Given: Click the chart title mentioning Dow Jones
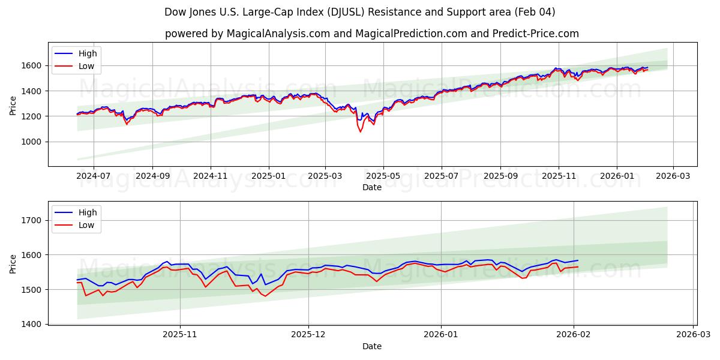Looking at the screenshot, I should tap(359, 12).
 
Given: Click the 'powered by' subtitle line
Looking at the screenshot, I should tap(371, 34).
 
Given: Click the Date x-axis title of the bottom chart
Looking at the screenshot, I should tap(372, 346).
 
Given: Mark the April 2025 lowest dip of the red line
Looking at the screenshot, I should tap(360, 131).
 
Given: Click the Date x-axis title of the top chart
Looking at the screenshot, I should tap(372, 187).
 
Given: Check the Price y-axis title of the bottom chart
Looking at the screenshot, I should tap(13, 263).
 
